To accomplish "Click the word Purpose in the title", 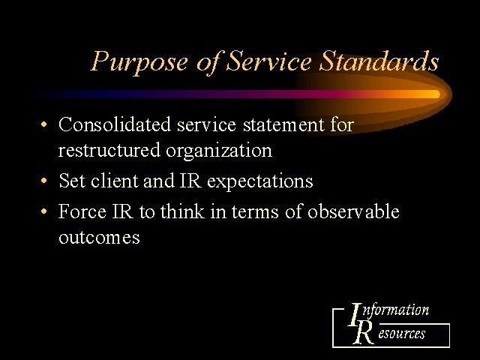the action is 139,62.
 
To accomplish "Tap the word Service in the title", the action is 268,61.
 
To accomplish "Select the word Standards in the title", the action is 379,61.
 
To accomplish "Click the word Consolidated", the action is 115,124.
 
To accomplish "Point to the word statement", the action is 283,125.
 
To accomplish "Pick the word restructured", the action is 109,150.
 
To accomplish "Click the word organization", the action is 219,151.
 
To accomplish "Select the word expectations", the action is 260,181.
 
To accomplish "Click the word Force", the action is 82,211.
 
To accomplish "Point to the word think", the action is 182,211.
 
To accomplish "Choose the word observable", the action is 353,211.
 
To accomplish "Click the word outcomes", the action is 99,238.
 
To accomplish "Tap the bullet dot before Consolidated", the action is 44,124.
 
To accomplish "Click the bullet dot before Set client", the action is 44,181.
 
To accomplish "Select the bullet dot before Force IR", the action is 44,211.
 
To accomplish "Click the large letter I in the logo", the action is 355,315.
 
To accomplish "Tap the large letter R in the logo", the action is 363,333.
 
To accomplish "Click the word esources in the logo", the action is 402,333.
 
